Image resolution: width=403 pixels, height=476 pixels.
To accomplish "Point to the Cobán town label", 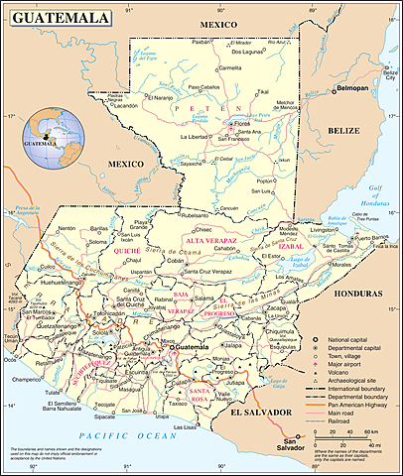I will [x=176, y=260].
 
